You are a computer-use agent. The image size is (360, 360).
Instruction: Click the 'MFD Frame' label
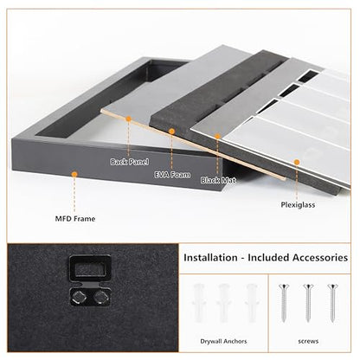[75, 219]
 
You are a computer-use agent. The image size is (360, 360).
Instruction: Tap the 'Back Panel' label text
[130, 162]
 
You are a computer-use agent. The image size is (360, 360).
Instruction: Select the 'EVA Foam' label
[172, 175]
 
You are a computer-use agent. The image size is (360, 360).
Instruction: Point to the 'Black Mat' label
[218, 180]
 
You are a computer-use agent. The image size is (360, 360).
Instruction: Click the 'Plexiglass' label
[298, 205]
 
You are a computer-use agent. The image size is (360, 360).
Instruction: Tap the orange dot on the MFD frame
[74, 174]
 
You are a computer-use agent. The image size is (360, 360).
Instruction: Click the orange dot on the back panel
[129, 119]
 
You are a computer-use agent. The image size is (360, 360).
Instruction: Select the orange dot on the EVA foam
[171, 132]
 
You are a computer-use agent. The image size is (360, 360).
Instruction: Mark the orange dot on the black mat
[217, 137]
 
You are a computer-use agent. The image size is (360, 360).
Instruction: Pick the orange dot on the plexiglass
[297, 162]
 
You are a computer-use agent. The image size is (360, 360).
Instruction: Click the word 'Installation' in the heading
[210, 257]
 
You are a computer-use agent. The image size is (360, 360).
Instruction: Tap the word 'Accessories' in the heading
[320, 257]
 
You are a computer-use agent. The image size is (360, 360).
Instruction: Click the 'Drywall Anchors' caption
[223, 341]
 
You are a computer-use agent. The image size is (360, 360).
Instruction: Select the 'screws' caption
[308, 341]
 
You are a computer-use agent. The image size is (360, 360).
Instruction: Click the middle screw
[308, 303]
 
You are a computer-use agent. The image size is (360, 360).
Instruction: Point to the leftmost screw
[284, 303]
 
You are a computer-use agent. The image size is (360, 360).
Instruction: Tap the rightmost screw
[332, 303]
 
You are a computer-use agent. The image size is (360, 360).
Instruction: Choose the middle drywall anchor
[224, 303]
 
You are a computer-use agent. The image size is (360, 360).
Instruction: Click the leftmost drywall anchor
[199, 303]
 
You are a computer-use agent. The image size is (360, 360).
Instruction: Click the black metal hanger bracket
[90, 280]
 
